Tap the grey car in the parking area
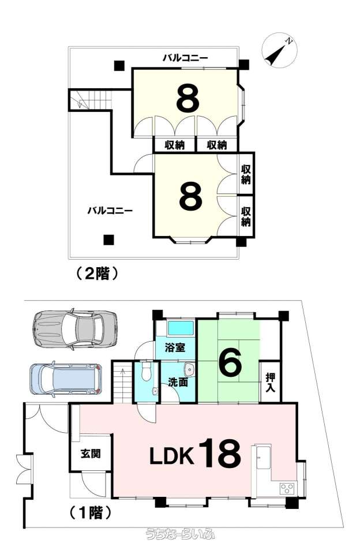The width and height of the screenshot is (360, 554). [x=74, y=330]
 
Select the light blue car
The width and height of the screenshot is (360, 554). [x=66, y=379]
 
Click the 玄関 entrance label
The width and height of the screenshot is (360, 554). [x=91, y=454]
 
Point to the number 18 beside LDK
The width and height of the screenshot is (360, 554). [x=221, y=453]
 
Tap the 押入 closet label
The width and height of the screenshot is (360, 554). [x=270, y=382]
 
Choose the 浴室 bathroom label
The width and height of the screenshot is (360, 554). [x=175, y=347]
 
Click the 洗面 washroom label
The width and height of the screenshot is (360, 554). [x=178, y=382]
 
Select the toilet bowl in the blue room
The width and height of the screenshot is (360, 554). [x=146, y=370]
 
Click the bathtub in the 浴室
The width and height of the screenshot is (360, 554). [x=181, y=328]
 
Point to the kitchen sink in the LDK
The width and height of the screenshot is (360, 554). [x=263, y=457]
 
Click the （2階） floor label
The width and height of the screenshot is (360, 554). [x=96, y=274]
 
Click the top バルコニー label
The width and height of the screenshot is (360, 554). [x=185, y=58]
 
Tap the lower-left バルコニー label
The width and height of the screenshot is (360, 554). [x=110, y=211]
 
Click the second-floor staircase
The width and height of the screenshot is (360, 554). [x=90, y=100]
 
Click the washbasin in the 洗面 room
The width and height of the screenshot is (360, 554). [x=189, y=369]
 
